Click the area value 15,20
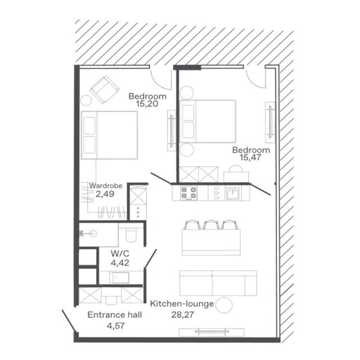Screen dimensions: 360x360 click(147, 104)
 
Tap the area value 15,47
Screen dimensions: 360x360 click(250, 157)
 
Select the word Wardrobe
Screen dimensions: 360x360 click(106, 186)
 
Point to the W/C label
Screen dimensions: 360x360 click(120, 254)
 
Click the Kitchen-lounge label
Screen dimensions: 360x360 click(182, 304)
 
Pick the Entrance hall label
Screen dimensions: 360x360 click(115, 315)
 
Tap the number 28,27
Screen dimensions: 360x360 click(183, 314)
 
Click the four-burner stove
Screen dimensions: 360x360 click(188, 193)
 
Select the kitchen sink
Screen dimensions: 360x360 click(233, 193)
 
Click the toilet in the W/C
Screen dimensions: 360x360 click(131, 233)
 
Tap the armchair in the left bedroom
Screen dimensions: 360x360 click(105, 89)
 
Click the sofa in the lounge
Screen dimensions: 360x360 click(218, 283)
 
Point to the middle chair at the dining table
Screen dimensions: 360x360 click(211, 225)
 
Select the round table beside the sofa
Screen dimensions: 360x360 click(224, 305)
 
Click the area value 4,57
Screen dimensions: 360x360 click(116, 326)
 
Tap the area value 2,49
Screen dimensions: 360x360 click(105, 194)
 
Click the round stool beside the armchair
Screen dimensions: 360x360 click(86, 100)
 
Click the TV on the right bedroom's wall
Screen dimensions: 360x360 click(271, 122)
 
